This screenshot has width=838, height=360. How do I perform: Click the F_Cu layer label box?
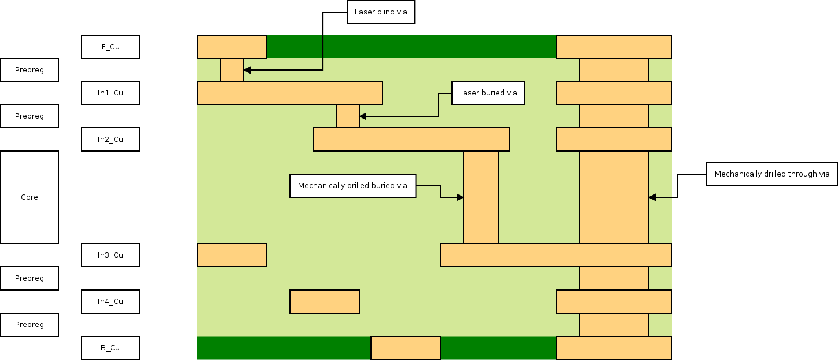tap(110, 47)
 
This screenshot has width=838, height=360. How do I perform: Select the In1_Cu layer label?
tap(110, 93)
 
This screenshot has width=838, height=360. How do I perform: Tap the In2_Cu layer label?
tap(110, 139)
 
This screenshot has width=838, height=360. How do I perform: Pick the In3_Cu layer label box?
tap(110, 255)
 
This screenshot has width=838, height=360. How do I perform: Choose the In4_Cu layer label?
tap(110, 302)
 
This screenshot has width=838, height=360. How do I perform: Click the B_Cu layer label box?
tap(110, 348)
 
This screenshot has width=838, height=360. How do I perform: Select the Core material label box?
tap(30, 197)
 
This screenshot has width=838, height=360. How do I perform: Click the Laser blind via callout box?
tap(381, 12)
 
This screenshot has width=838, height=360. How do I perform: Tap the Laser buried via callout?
tap(488, 93)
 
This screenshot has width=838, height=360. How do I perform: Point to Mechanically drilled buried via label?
tap(352, 186)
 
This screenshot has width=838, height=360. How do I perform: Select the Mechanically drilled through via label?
tap(772, 174)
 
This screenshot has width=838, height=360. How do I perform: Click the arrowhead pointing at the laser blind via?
tap(247, 70)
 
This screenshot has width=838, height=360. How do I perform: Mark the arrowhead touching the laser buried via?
tap(363, 116)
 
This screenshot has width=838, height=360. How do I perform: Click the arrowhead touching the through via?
tap(652, 197)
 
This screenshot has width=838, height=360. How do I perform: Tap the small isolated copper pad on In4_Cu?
tap(324, 302)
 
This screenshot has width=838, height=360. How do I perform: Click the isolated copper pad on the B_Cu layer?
tap(405, 348)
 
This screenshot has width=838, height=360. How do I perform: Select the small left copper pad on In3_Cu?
tap(231, 255)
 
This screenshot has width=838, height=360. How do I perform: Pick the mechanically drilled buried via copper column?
tap(480, 197)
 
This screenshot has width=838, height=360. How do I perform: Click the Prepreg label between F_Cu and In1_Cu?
tap(30, 70)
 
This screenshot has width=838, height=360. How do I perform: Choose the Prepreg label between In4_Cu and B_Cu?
tap(30, 325)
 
